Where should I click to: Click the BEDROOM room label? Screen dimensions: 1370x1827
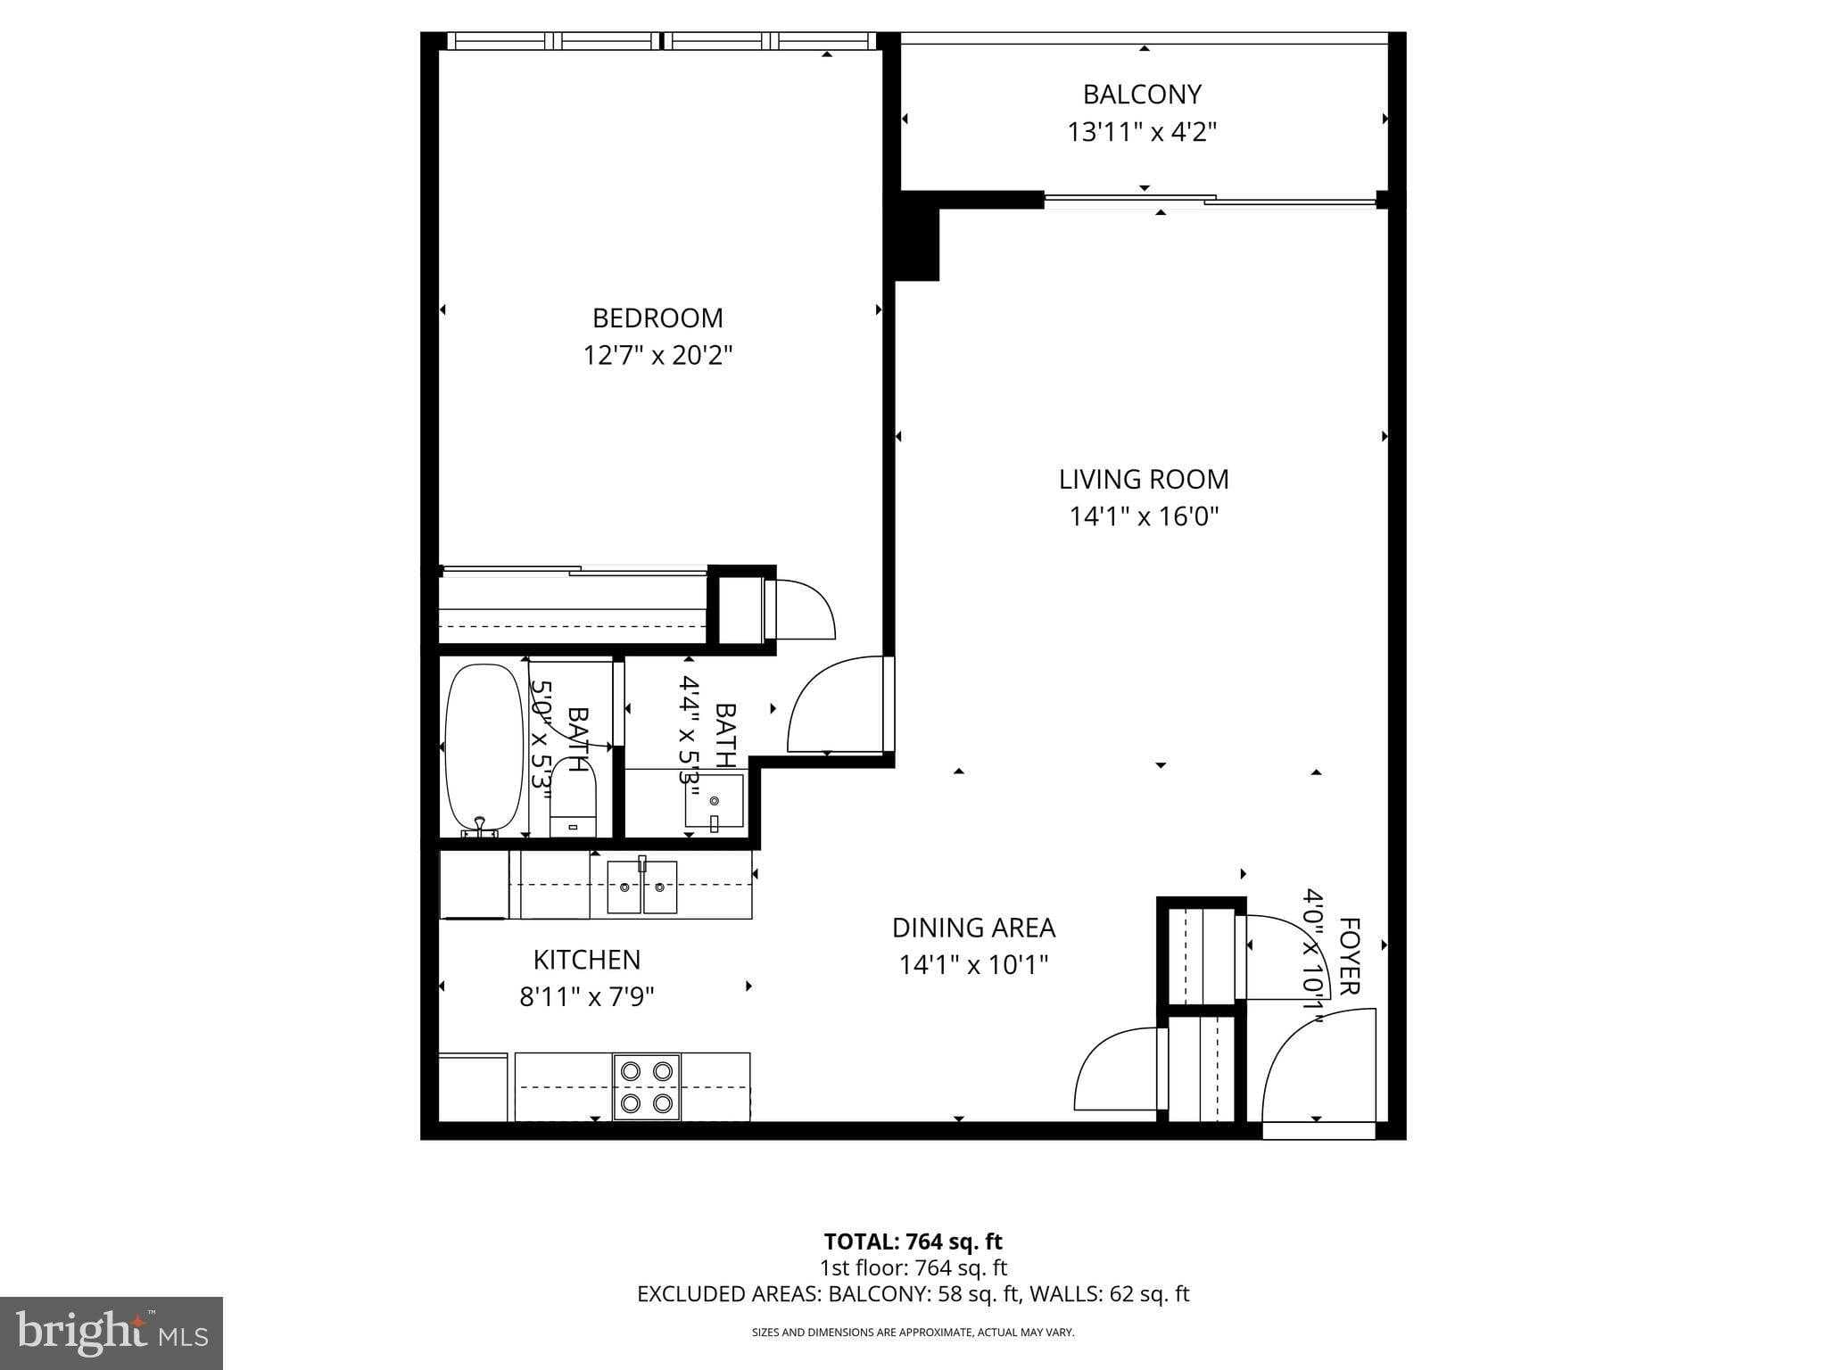[657, 318]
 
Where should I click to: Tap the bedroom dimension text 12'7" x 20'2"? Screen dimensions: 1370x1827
[657, 356]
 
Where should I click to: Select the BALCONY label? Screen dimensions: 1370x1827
[1142, 94]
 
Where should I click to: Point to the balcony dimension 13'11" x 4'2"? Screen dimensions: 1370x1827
[1142, 132]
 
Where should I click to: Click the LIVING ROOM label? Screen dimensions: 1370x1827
[1144, 479]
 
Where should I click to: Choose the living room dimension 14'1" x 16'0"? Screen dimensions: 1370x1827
[1144, 516]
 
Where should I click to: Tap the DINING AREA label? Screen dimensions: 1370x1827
[973, 928]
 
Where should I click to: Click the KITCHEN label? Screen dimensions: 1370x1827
[586, 960]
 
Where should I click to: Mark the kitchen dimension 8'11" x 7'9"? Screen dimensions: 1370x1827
[586, 996]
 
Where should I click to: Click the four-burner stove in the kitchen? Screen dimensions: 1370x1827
[647, 1086]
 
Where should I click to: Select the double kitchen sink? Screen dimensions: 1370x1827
[641, 887]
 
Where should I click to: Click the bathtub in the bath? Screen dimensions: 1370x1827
[484, 747]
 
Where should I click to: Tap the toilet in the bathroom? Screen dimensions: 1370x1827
[572, 797]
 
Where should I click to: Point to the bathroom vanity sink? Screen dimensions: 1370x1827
[714, 801]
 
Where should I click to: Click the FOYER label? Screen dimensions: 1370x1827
[1349, 956]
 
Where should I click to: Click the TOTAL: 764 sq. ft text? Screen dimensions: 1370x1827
[913, 1242]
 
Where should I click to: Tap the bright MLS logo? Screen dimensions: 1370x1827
[112, 1333]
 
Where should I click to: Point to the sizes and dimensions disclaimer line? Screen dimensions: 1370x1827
[913, 1333]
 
